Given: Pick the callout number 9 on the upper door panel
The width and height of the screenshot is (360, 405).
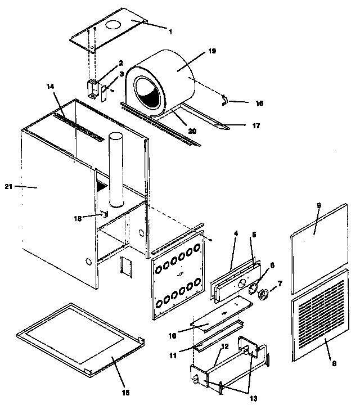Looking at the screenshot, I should coord(318,206).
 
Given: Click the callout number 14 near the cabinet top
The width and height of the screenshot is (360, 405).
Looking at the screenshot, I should coord(51,87).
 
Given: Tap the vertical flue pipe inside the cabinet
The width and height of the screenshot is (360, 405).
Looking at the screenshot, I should coord(115,169).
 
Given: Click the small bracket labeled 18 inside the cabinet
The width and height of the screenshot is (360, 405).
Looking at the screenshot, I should coord(103,214).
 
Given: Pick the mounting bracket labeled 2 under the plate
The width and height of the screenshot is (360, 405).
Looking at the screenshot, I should coord(93,88).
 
